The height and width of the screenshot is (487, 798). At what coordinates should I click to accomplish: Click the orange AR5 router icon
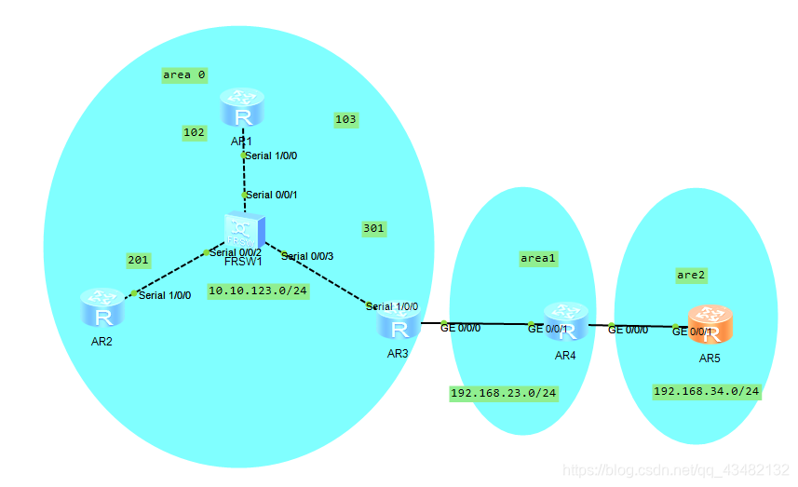point(710,324)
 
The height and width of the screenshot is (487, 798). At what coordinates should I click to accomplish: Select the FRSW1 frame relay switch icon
point(245,230)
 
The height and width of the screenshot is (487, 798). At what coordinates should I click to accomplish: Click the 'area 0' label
point(183,74)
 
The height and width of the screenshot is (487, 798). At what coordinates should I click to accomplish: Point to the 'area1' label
point(537,259)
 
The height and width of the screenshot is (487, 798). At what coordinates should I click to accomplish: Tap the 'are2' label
point(692,275)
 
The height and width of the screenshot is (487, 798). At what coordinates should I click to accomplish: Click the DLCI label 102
point(194,133)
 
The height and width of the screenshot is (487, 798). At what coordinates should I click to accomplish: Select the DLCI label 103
point(345,119)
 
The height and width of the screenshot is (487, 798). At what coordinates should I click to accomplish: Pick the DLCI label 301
point(372,228)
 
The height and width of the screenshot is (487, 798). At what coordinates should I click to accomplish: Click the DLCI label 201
point(138,260)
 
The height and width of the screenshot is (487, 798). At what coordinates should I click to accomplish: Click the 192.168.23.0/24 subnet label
point(504,393)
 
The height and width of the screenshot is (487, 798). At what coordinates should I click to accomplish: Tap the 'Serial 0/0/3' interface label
point(306,256)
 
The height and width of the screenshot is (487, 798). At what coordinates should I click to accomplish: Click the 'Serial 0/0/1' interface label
point(271,195)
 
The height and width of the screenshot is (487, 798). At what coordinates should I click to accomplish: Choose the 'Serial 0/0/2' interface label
point(236,252)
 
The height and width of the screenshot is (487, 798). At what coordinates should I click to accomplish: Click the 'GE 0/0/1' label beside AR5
point(692,331)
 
